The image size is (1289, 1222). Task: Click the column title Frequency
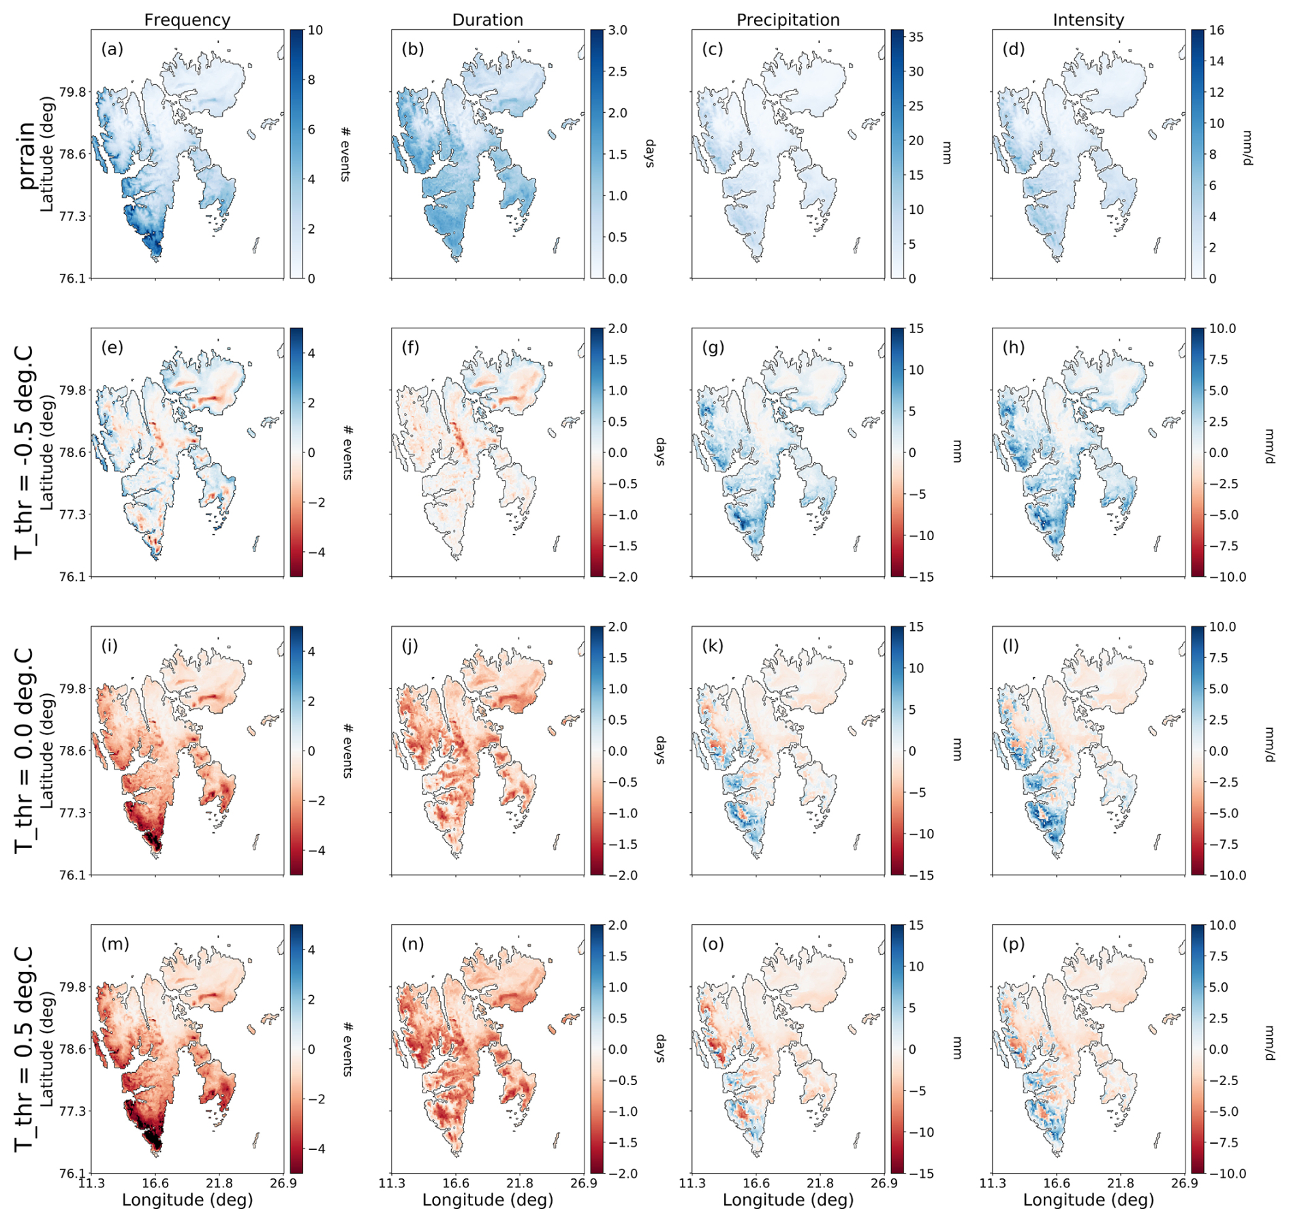187,20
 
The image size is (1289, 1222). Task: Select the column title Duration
488,20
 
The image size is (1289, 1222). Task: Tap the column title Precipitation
788,20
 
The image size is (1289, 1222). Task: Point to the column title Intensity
1088,20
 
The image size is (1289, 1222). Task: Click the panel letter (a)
112,49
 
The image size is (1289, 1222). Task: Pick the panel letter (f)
412,347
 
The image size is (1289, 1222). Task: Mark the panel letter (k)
713,646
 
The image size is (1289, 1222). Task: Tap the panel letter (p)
1014,944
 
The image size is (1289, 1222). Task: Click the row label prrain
26,156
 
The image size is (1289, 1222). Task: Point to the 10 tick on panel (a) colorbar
315,31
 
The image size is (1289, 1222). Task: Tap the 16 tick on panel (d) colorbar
1217,31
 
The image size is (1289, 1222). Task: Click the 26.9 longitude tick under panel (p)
1185,1184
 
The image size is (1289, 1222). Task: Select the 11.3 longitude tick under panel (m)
91,1184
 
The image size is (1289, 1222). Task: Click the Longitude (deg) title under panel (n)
488,1200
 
